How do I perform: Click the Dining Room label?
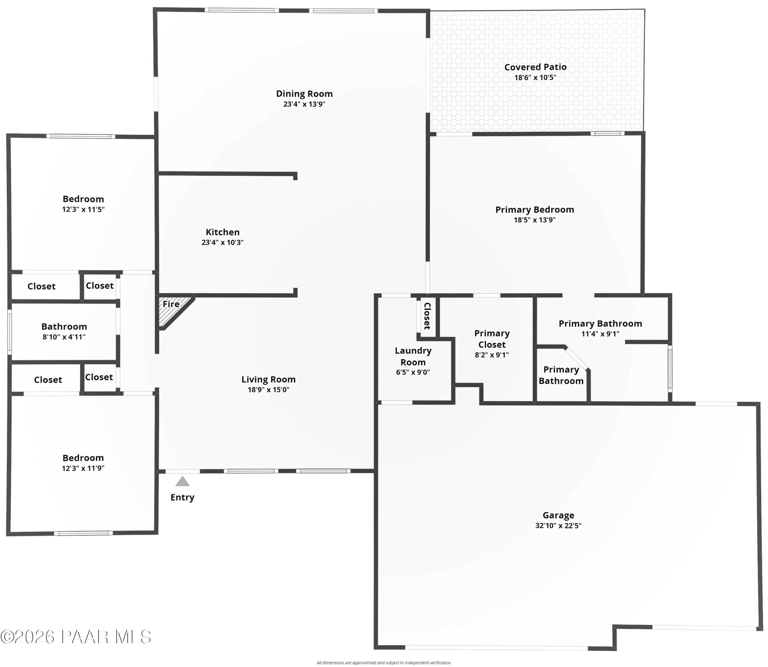pyautogui.click(x=304, y=94)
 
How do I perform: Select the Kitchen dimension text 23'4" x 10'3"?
pyautogui.click(x=222, y=242)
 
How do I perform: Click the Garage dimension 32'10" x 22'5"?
pyautogui.click(x=558, y=526)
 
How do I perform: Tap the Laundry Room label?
pyautogui.click(x=413, y=356)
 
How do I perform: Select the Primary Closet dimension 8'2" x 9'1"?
pyautogui.click(x=492, y=355)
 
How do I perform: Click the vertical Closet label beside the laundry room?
pyautogui.click(x=427, y=316)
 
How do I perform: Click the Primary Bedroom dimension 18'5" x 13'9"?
pyautogui.click(x=535, y=220)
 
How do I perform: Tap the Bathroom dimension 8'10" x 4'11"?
pyautogui.click(x=64, y=337)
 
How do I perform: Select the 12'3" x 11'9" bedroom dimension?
pyautogui.click(x=83, y=468)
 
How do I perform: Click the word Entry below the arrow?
pyautogui.click(x=182, y=497)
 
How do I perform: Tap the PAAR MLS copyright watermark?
pyautogui.click(x=76, y=637)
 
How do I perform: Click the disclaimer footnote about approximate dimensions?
pyautogui.click(x=383, y=663)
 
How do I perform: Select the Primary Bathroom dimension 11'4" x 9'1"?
pyautogui.click(x=600, y=334)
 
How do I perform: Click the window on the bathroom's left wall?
pyautogui.click(x=10, y=332)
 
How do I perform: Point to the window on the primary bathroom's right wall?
pyautogui.click(x=670, y=368)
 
